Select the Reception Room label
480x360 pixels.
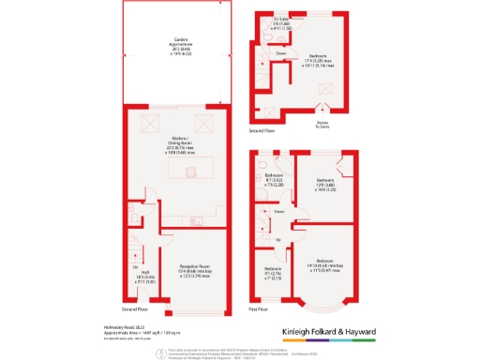[192, 268]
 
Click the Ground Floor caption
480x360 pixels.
[135, 308]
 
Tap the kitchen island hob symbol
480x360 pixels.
[190, 171]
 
